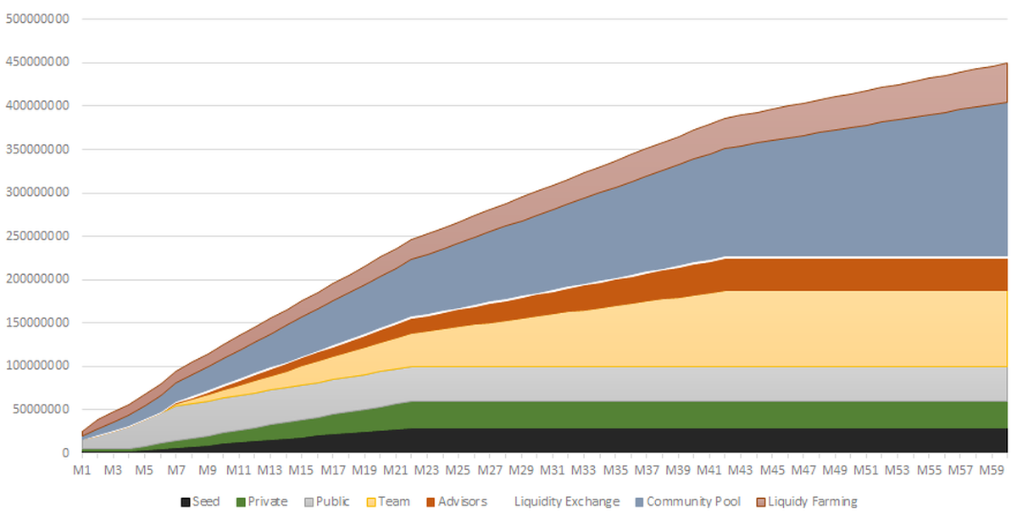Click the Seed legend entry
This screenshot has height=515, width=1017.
pyautogui.click(x=200, y=501)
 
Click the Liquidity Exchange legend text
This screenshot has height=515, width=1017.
pyautogui.click(x=566, y=501)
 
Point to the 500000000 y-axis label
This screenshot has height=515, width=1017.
pyautogui.click(x=38, y=19)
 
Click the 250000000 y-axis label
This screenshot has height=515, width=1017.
pyautogui.click(x=38, y=236)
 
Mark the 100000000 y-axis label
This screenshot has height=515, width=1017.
pyautogui.click(x=38, y=367)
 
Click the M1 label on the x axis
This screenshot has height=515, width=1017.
pyautogui.click(x=81, y=469)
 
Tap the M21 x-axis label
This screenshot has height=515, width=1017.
pyautogui.click(x=396, y=469)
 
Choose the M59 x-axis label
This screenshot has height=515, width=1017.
pyautogui.click(x=992, y=469)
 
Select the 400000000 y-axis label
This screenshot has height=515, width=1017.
pyautogui.click(x=38, y=106)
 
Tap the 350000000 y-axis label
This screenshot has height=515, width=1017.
pyautogui.click(x=38, y=149)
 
